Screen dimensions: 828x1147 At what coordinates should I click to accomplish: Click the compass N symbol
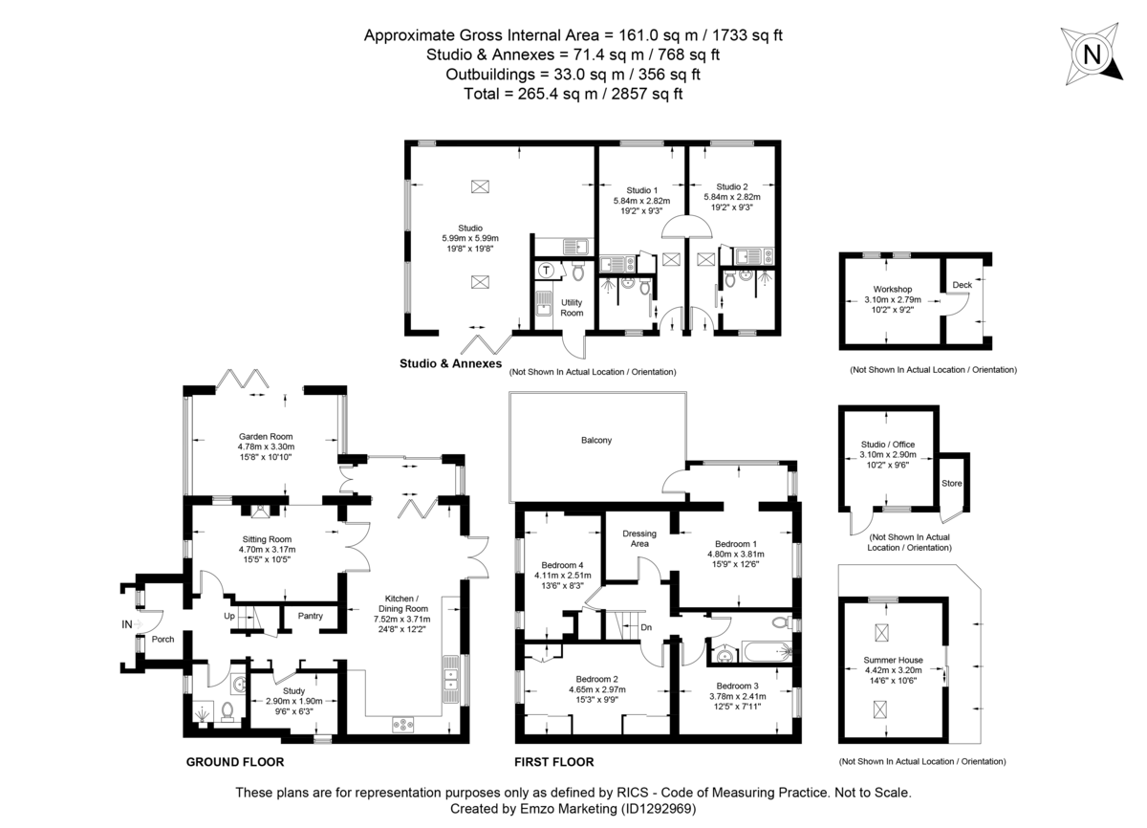coord(1090,55)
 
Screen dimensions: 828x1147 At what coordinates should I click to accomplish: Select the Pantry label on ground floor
coord(310,616)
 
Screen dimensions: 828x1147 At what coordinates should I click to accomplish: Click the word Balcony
coord(595,440)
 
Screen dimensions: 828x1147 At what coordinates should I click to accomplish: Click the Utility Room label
coord(572,307)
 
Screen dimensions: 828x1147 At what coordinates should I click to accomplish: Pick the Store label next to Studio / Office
coord(952,483)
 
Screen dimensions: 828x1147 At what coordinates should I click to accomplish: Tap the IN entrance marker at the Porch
coord(127,623)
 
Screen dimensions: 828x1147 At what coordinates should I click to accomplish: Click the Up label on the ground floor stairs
coord(230,616)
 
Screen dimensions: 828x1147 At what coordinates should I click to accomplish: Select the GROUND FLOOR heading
coord(234,762)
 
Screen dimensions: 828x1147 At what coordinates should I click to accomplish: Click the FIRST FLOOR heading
coord(554,762)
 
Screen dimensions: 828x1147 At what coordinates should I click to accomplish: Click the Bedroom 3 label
coord(737,686)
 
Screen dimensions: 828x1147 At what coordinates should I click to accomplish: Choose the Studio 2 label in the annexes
coord(732,187)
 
